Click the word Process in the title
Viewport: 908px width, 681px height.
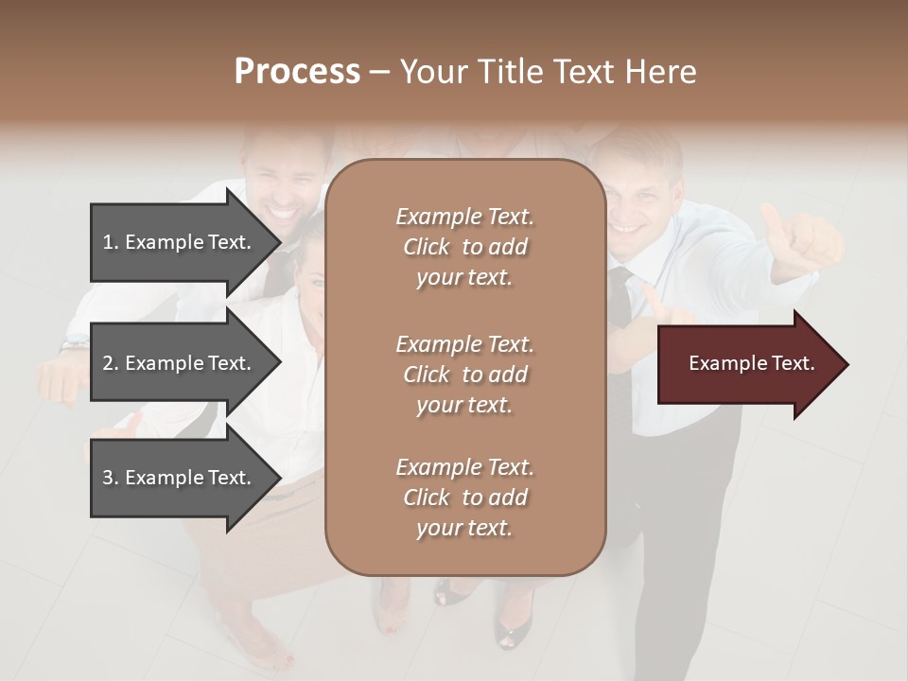tap(297, 72)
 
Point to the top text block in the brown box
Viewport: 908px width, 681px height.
tap(464, 247)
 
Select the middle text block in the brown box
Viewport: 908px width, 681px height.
tap(464, 375)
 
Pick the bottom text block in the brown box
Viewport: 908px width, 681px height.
tap(464, 498)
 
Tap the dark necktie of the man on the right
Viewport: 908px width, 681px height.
tap(620, 298)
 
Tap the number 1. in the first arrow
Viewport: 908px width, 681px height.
tap(111, 242)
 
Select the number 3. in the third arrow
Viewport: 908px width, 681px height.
tap(111, 478)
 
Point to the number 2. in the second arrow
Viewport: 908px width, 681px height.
tap(111, 363)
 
